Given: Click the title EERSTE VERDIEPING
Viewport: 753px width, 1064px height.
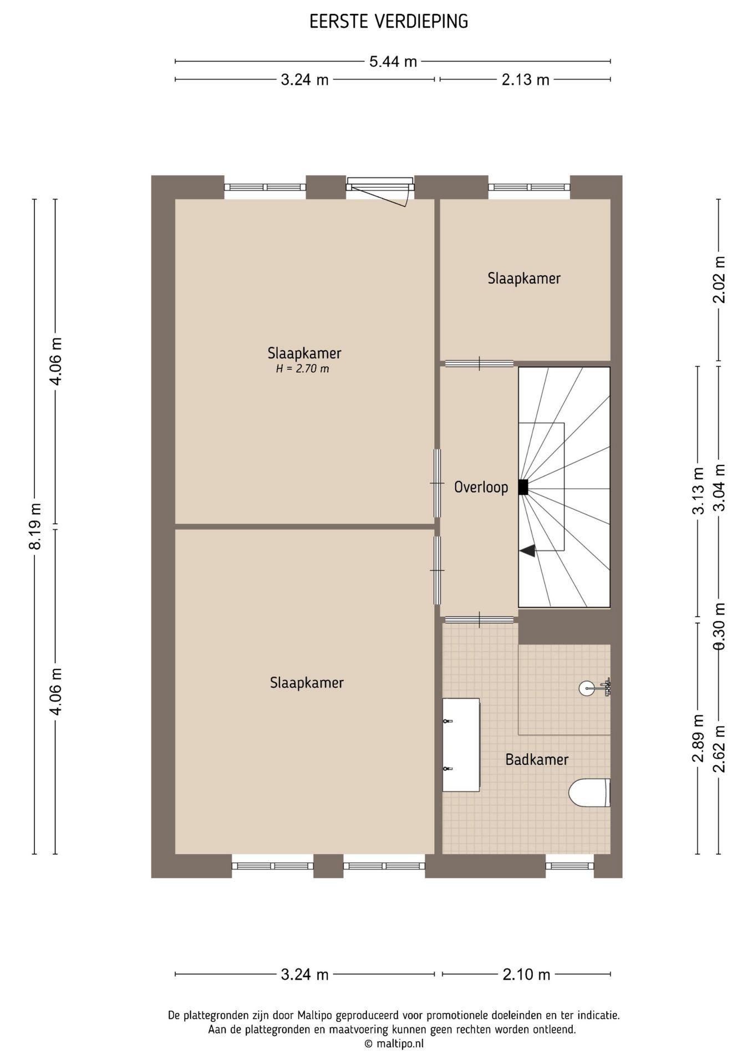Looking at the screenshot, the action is [x=389, y=22].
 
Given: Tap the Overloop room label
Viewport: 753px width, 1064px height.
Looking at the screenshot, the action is [x=481, y=487].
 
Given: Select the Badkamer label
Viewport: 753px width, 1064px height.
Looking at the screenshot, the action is [x=537, y=759].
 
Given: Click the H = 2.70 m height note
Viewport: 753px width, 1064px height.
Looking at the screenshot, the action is [x=303, y=369].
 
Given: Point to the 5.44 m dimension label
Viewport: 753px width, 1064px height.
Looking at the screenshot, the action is [x=393, y=62].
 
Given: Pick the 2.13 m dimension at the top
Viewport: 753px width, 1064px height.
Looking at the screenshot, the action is [x=525, y=80].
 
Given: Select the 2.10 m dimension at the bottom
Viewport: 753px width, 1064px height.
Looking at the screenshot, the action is [x=526, y=974].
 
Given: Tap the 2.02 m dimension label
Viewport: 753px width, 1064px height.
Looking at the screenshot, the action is [x=719, y=279].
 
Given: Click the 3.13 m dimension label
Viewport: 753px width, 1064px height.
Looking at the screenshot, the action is [x=698, y=491].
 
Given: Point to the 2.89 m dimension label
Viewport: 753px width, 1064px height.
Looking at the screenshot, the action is [x=698, y=738].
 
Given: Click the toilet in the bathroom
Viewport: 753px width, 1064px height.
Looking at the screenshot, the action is [x=589, y=792].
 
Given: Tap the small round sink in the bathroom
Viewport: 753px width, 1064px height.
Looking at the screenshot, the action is [x=588, y=688].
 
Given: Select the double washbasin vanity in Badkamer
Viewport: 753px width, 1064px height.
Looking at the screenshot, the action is [x=461, y=745].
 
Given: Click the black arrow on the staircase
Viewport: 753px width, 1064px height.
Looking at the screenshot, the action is [x=527, y=551].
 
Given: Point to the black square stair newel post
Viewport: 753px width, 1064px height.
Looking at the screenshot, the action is [x=523, y=487].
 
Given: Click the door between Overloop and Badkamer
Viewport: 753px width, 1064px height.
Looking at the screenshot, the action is [x=479, y=620].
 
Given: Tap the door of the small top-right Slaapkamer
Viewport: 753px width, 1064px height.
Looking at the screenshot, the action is [x=480, y=364].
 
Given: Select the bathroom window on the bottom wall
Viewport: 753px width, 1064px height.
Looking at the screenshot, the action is [x=569, y=866].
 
